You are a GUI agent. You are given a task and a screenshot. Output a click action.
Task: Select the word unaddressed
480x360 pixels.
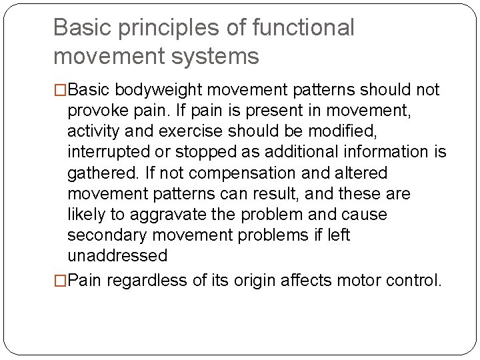coord(117,256)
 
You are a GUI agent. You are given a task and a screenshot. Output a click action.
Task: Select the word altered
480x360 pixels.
coord(356,173)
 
